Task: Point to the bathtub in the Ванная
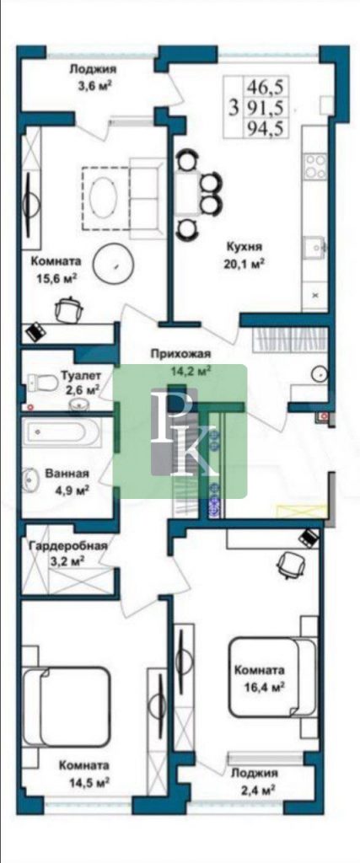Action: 61,431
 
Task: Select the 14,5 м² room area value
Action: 84,781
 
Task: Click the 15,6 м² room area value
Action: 53,277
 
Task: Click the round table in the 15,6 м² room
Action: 112,263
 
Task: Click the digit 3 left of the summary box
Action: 234,107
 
